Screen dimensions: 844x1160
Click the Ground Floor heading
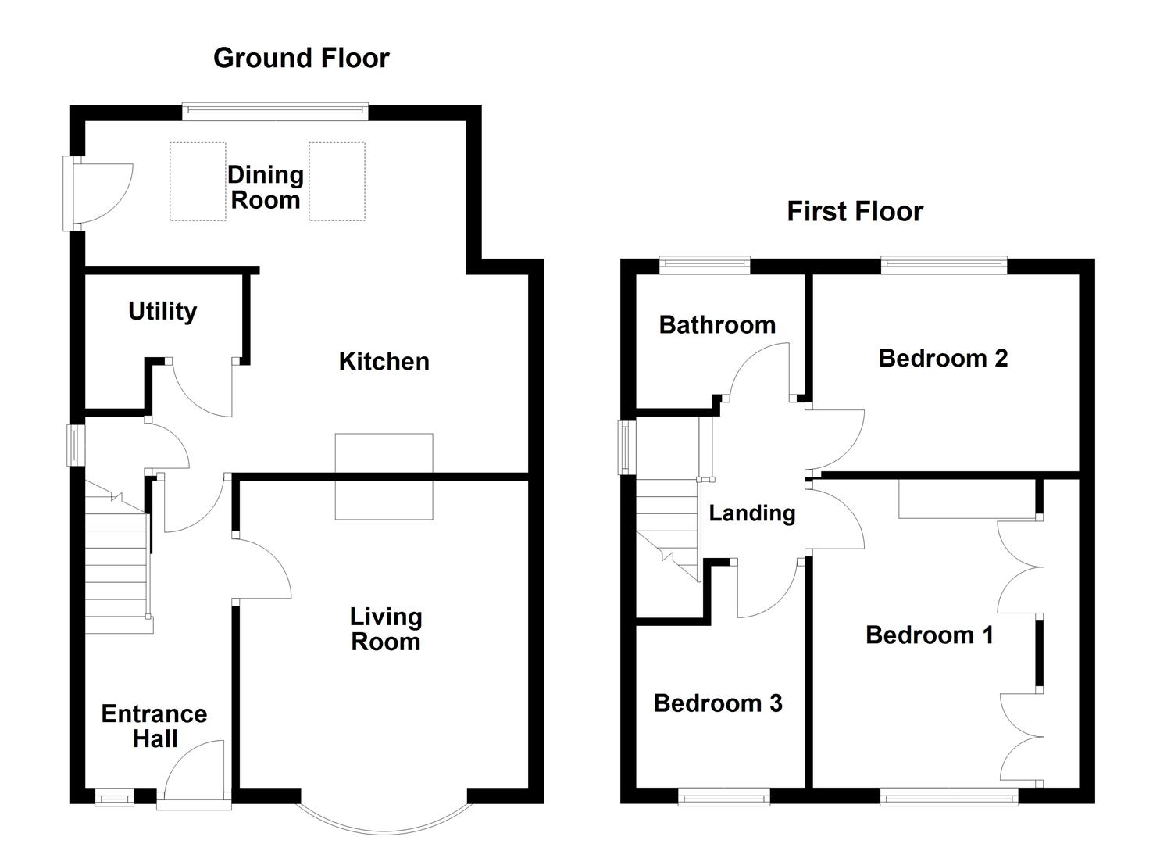point(301,59)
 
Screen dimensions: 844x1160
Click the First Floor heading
point(855,212)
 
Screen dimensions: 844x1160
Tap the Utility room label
point(162,311)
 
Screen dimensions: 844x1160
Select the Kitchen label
point(384,362)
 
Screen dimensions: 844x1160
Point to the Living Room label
point(386,629)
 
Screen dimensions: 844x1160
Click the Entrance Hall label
point(155,726)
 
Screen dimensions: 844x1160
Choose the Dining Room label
point(266,188)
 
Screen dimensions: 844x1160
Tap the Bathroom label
point(717,325)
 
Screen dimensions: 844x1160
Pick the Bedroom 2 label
point(943,359)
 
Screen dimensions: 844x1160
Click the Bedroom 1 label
point(930,635)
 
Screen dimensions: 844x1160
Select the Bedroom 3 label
point(718,703)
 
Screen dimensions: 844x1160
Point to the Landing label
point(751,513)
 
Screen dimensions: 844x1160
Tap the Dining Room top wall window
point(275,112)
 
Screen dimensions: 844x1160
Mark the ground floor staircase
point(117,559)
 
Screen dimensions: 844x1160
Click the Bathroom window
point(705,266)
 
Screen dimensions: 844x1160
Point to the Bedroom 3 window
point(724,797)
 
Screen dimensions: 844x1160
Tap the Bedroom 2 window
point(944,266)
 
